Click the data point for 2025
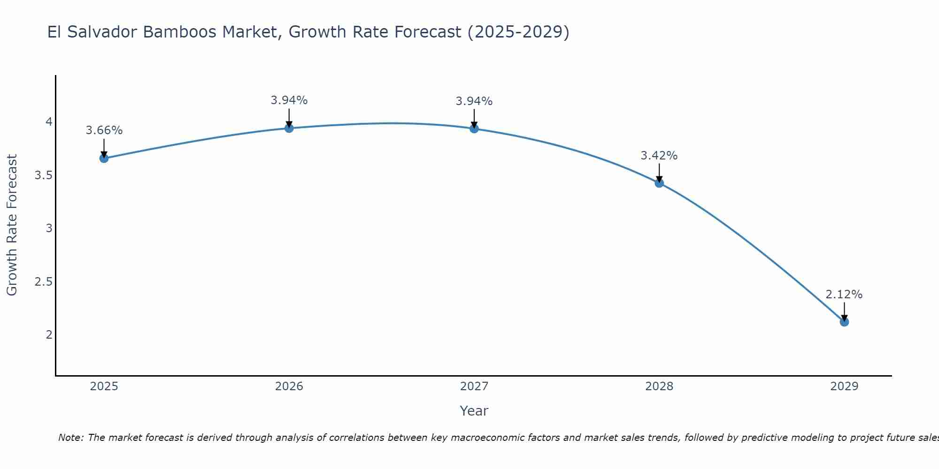pyautogui.click(x=104, y=159)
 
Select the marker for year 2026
pyautogui.click(x=289, y=128)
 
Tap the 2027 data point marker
pyautogui.click(x=474, y=129)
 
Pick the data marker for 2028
pyautogui.click(x=659, y=183)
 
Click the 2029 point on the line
pyautogui.click(x=844, y=322)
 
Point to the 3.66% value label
pyautogui.click(x=104, y=130)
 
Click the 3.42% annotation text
pyautogui.click(x=659, y=156)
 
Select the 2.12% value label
pyautogui.click(x=844, y=295)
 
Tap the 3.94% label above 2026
pyautogui.click(x=289, y=100)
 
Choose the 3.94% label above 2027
pyautogui.click(x=474, y=101)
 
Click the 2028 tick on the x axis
pyautogui.click(x=659, y=386)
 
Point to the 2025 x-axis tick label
pyautogui.click(x=104, y=386)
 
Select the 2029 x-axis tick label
pyautogui.click(x=844, y=386)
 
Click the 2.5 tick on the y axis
pyautogui.click(x=43, y=282)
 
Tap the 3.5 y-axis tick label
pyautogui.click(x=43, y=175)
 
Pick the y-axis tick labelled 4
pyautogui.click(x=48, y=122)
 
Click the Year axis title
pyautogui.click(x=474, y=411)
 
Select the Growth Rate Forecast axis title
pyautogui.click(x=12, y=225)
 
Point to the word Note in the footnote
pyautogui.click(x=70, y=438)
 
